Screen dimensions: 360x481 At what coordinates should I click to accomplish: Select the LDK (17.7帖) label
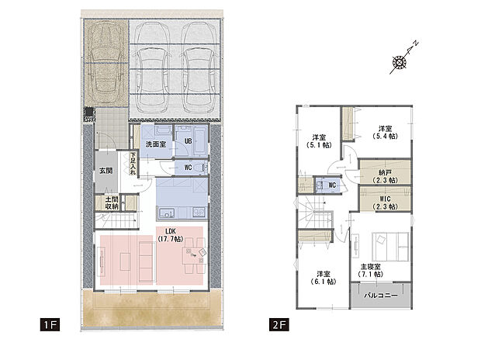[168, 236]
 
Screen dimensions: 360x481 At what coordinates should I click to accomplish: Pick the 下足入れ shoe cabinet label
[133, 162]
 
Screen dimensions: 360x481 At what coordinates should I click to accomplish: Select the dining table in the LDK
[189, 256]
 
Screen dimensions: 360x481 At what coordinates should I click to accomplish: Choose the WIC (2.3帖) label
[385, 202]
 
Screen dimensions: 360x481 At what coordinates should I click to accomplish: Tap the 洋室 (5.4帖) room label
[385, 132]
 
